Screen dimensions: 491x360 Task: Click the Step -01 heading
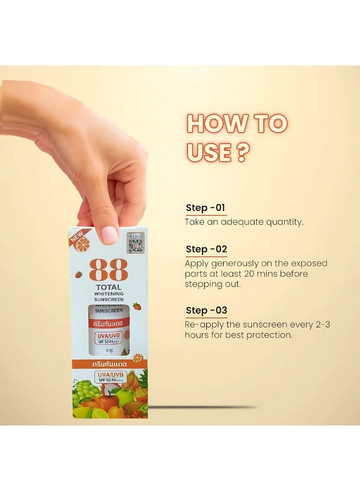pos(205,208)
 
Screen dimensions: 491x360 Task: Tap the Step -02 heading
pos(206,249)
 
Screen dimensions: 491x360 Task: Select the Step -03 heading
pos(206,310)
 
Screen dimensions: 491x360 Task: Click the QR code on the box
pos(135,243)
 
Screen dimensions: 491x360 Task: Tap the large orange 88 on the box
pos(108,270)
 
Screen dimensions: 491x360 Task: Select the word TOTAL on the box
pos(109,287)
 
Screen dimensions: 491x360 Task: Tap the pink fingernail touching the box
pos(110,234)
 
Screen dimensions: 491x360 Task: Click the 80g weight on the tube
pos(110,350)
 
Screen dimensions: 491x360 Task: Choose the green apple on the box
pos(124,397)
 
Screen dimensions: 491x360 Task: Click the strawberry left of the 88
pos(79,274)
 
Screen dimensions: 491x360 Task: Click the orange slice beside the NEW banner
pos(82,244)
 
